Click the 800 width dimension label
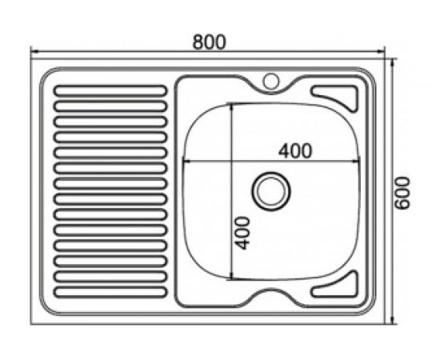[x=210, y=41]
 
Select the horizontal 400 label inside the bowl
[x=294, y=150]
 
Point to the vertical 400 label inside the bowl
[x=244, y=231]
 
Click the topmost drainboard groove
[x=110, y=90]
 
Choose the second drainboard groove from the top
[x=110, y=106]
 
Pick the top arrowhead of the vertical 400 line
[x=232, y=106]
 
